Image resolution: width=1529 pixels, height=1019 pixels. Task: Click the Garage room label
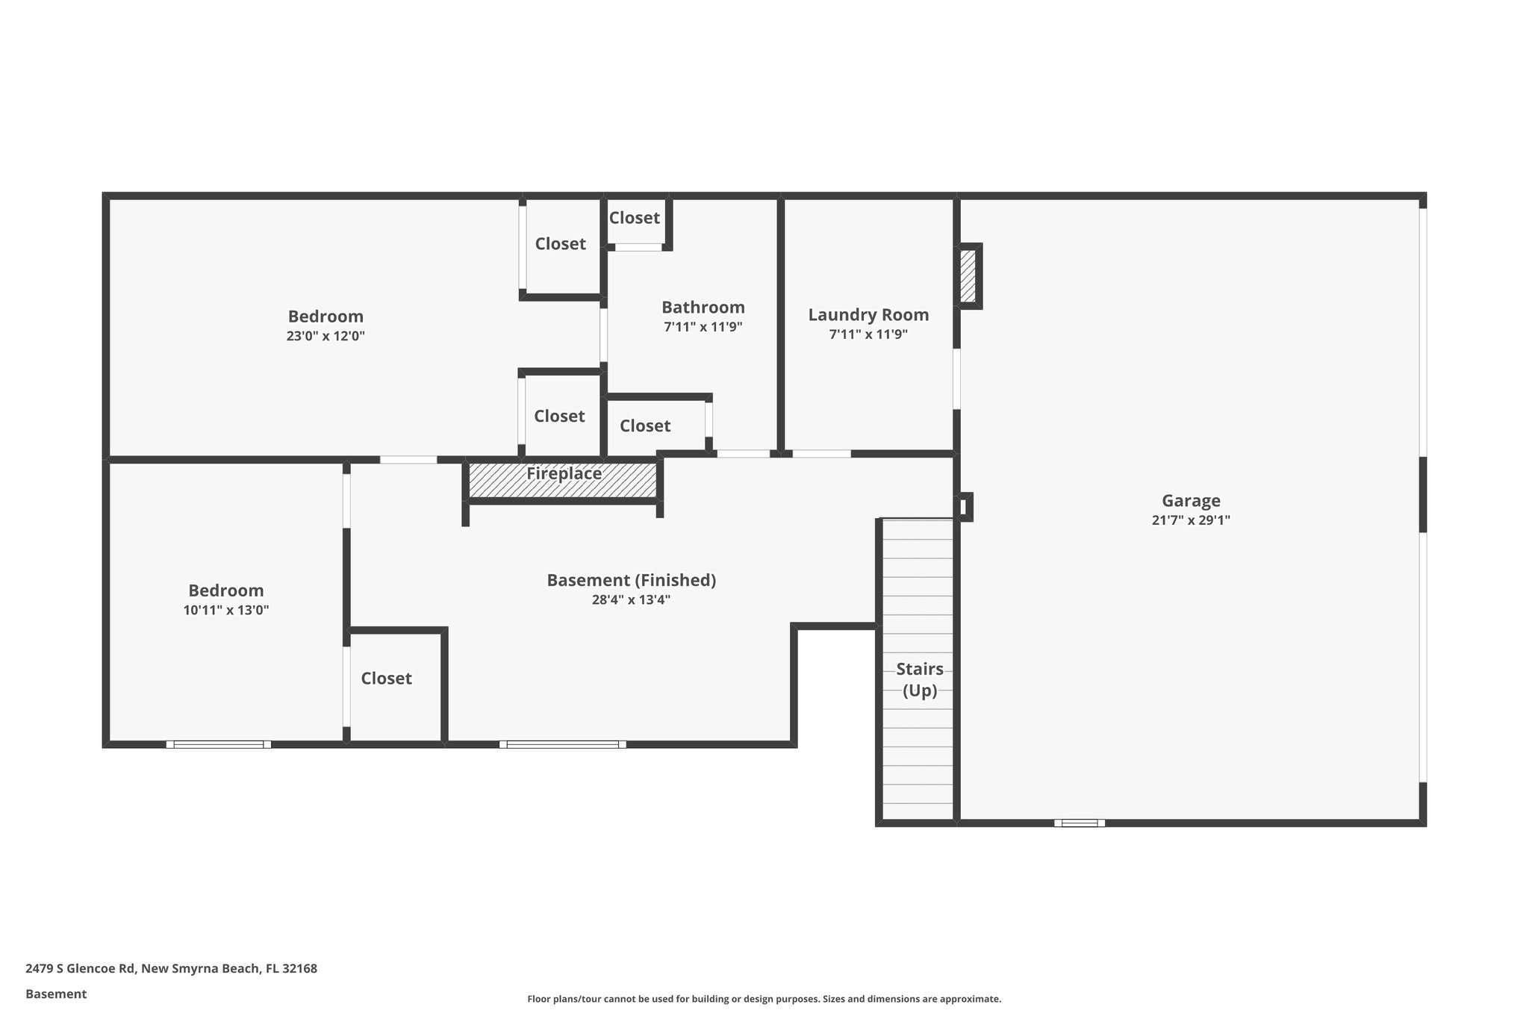click(x=1191, y=501)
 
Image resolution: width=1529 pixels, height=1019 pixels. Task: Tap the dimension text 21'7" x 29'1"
click(x=1191, y=520)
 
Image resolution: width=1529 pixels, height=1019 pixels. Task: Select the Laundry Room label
click(x=868, y=315)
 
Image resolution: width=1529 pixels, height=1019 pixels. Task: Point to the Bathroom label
click(x=703, y=308)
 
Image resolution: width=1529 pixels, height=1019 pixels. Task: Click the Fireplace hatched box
click(x=564, y=480)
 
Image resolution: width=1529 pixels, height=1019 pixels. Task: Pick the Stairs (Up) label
click(x=919, y=679)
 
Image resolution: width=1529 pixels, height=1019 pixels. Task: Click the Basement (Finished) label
click(x=631, y=580)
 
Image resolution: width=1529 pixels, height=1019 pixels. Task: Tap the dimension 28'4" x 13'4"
click(x=631, y=599)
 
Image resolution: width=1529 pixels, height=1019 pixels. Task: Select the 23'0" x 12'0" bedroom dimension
click(x=326, y=336)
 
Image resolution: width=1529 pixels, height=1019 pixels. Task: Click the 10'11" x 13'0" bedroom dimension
click(x=225, y=610)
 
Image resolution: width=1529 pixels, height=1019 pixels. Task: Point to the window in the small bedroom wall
click(x=218, y=744)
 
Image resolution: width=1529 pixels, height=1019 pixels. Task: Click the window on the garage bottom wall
click(x=1079, y=823)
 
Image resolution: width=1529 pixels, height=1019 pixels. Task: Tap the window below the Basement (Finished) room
click(x=562, y=744)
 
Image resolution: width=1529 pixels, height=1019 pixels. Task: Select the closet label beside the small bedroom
click(x=386, y=678)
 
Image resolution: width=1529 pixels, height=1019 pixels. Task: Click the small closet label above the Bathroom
click(x=634, y=218)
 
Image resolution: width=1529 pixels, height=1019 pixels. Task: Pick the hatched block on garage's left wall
click(x=968, y=276)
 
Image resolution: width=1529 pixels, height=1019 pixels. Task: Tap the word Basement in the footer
click(x=56, y=994)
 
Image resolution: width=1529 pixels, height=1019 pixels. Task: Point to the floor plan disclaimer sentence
click(x=764, y=999)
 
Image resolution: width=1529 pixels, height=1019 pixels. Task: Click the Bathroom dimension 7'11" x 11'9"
click(x=703, y=327)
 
